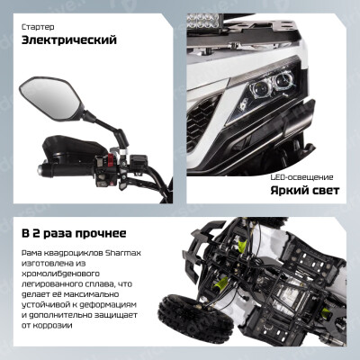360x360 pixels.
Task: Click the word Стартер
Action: pos(38,27)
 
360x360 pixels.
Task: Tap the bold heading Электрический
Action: pos(69,40)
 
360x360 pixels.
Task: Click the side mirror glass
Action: pos(49,97)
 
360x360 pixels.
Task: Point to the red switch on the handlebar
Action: pos(110,160)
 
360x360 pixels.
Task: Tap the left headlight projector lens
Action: pos(260,89)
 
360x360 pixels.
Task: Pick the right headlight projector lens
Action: pos(283,79)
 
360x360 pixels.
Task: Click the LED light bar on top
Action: pos(202,21)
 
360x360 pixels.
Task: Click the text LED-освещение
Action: pos(302,177)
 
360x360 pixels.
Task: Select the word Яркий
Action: pos(289,190)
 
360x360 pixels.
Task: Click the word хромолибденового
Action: pos(60,274)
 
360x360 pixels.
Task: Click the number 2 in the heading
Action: pos(35,234)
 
